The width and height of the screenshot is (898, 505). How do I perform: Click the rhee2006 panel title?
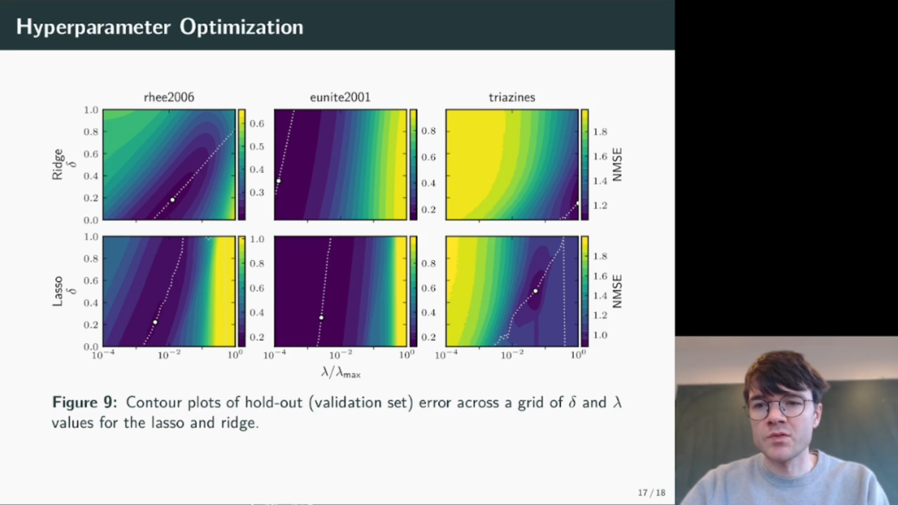[x=169, y=97]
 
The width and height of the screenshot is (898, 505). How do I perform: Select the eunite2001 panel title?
[x=340, y=97]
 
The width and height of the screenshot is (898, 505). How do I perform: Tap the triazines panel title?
[x=512, y=97]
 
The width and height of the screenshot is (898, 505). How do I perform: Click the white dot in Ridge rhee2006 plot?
[x=173, y=200]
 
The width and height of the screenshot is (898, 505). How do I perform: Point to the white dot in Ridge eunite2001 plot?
[x=279, y=181]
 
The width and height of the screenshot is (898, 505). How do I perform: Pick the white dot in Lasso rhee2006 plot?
[x=155, y=322]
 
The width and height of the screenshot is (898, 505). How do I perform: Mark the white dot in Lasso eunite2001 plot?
[x=321, y=318]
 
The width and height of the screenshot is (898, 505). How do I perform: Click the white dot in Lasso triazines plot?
[x=536, y=291]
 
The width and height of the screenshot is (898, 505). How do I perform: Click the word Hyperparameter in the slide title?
[x=94, y=27]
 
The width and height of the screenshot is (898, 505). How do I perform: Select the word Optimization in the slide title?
[x=241, y=27]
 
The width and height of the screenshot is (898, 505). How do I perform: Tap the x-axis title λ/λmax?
[x=341, y=372]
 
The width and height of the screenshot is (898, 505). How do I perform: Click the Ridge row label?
[x=57, y=164]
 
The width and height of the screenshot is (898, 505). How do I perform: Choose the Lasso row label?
[x=57, y=291]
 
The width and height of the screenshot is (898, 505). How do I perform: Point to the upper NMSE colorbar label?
[x=617, y=165]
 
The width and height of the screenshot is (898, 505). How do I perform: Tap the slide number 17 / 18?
[x=652, y=493]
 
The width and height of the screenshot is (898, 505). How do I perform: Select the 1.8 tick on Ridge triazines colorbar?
[x=600, y=132]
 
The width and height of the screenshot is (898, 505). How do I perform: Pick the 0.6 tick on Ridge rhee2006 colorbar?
[x=257, y=123]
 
